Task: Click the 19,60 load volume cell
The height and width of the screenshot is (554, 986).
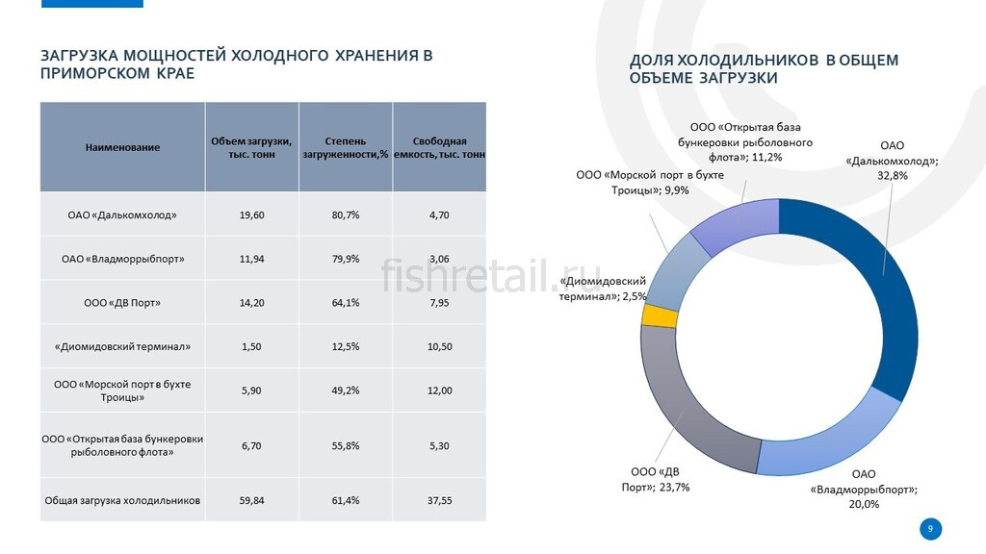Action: [x=251, y=214]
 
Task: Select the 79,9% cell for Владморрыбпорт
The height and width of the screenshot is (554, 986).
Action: [x=345, y=259]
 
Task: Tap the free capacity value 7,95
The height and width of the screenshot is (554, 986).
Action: [x=439, y=303]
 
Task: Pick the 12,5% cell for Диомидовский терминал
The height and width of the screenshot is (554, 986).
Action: [x=345, y=346]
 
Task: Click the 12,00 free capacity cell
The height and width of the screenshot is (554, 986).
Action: [x=439, y=390]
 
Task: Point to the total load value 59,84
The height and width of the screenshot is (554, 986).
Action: [x=251, y=500]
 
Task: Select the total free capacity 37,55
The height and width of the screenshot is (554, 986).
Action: [x=439, y=500]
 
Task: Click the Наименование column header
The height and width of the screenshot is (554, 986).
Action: [x=122, y=147]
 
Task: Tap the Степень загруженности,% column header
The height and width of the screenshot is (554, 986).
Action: [x=345, y=147]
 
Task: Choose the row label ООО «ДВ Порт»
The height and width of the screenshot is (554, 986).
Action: [x=122, y=303]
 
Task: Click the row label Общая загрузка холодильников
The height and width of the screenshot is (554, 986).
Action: [x=122, y=500]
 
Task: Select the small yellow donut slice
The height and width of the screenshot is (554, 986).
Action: [x=648, y=315]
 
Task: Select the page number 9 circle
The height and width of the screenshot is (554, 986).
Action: [x=930, y=528]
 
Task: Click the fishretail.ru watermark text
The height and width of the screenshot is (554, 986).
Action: [x=491, y=278]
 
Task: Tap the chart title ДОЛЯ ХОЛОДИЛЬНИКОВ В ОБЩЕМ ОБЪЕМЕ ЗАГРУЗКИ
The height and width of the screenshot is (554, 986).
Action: [x=764, y=68]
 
